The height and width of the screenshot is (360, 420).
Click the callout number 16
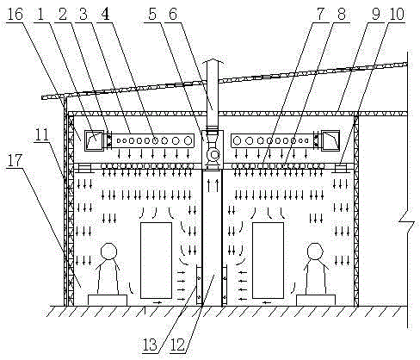pyautogui.click(x=15, y=14)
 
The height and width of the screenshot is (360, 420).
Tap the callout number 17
pyautogui.click(x=15, y=160)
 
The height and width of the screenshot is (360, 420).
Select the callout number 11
pyautogui.click(x=42, y=134)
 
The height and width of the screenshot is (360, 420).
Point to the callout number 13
pyautogui.click(x=150, y=344)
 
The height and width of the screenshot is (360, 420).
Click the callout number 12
pyautogui.click(x=177, y=344)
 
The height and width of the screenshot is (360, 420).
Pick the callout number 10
pyautogui.click(x=396, y=14)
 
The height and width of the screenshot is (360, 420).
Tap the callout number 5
pyautogui.click(x=152, y=14)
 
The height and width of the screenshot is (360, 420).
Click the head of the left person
pyautogui.click(x=109, y=251)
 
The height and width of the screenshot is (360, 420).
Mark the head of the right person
pyautogui.click(x=315, y=251)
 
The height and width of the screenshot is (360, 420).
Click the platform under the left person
pyautogui.click(x=108, y=300)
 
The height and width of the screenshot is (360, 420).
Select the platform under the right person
pyautogui.click(x=316, y=300)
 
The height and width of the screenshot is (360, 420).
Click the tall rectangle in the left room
pyautogui.click(x=156, y=260)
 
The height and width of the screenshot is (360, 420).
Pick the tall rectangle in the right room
pyautogui.click(x=268, y=260)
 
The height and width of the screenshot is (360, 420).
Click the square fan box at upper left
pyautogui.click(x=94, y=140)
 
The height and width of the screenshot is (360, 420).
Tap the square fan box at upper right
pyautogui.click(x=330, y=140)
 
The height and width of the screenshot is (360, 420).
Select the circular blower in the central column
pyautogui.click(x=213, y=155)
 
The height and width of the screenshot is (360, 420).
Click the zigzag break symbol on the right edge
pyautogui.click(x=407, y=221)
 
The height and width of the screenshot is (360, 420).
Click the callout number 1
pyautogui.click(x=40, y=14)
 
